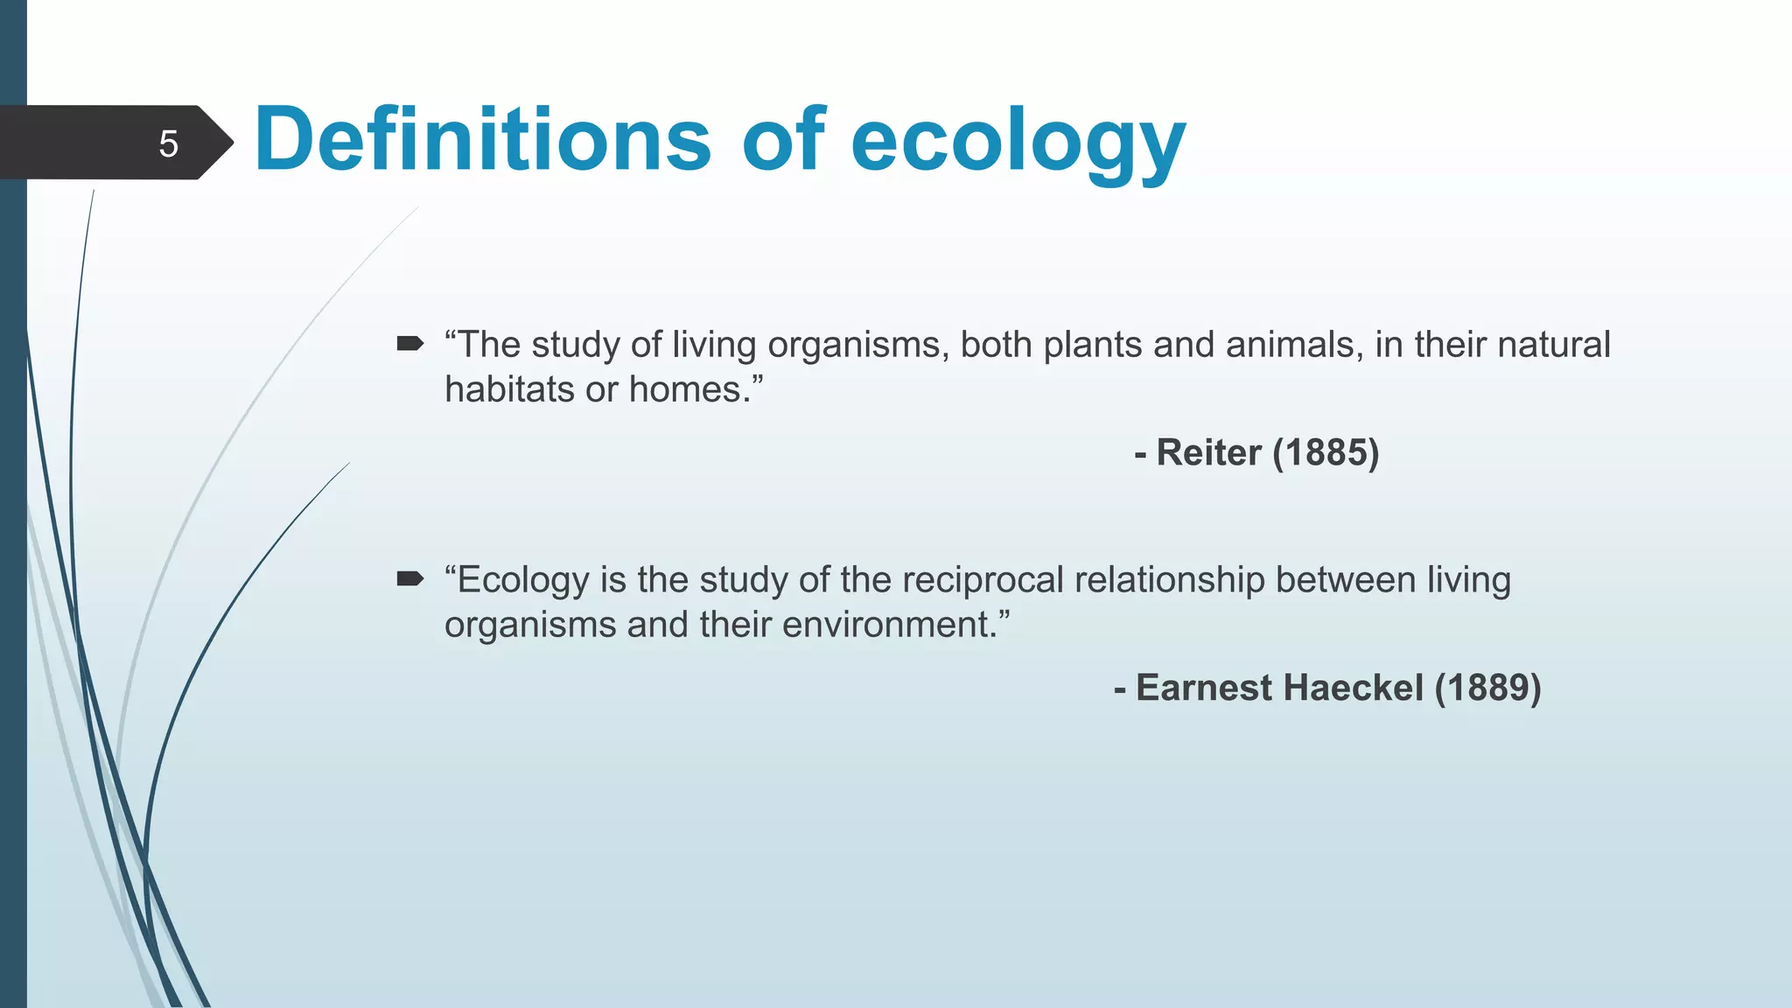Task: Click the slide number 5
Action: [168, 143]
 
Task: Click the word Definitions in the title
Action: [482, 139]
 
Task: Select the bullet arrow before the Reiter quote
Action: [409, 343]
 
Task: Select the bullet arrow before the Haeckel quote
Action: [409, 578]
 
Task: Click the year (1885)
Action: [1325, 452]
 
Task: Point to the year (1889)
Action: [1487, 688]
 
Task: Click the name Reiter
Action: [1208, 452]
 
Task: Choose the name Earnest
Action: [1203, 688]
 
